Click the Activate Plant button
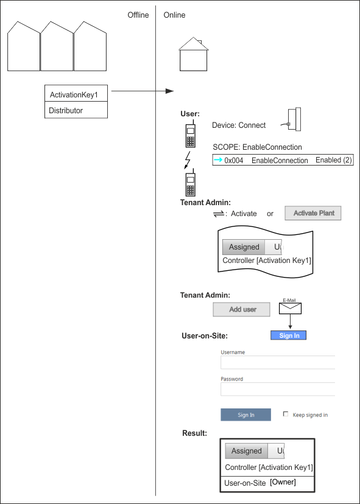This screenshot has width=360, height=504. [x=312, y=213]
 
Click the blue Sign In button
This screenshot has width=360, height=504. [x=288, y=335]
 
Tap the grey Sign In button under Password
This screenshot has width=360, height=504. [x=246, y=415]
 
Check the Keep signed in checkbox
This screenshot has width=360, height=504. [x=285, y=414]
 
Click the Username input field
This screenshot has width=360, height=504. [x=278, y=362]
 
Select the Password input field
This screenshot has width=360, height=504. [x=278, y=389]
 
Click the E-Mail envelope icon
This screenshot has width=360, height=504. [x=290, y=308]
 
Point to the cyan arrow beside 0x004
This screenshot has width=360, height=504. [x=218, y=159]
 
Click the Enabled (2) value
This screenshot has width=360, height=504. [x=334, y=160]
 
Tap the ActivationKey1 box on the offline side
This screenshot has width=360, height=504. [x=76, y=93]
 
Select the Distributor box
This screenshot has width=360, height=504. [x=76, y=110]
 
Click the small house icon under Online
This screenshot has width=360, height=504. [x=193, y=54]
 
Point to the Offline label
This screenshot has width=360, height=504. [x=138, y=15]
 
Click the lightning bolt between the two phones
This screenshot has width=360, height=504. [x=187, y=159]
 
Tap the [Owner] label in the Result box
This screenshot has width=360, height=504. [x=283, y=482]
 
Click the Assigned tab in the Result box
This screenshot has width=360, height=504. [x=247, y=451]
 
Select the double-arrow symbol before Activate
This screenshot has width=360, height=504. [x=219, y=214]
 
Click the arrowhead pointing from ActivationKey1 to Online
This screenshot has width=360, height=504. [x=169, y=91]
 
